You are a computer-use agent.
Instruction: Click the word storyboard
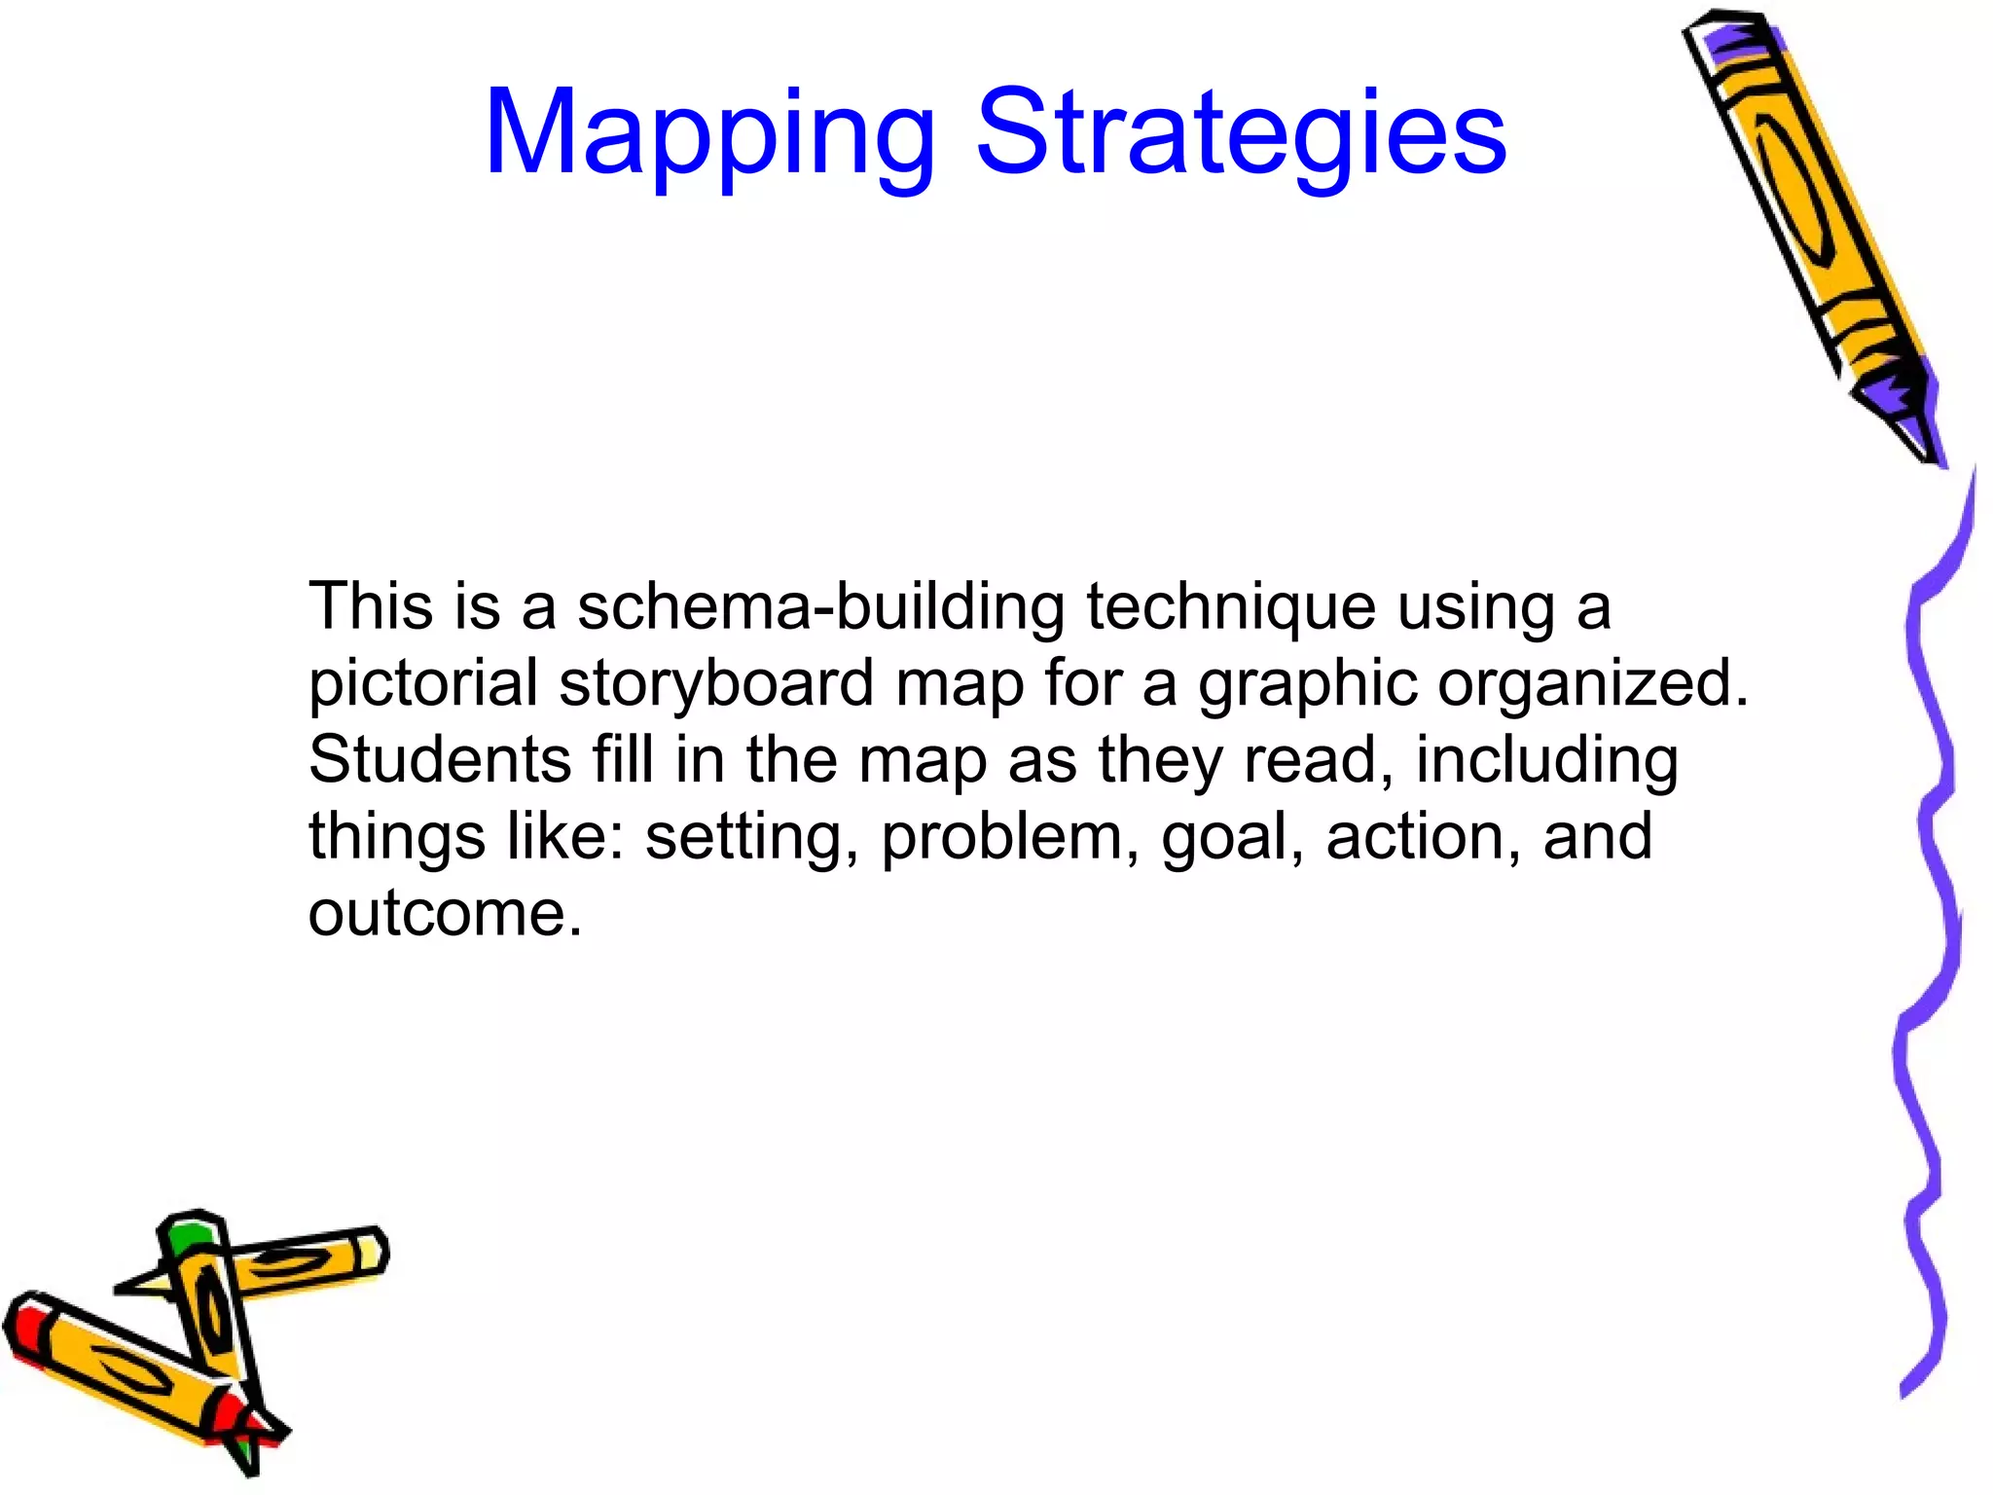[x=716, y=684]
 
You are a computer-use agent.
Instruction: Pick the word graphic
[x=1307, y=684]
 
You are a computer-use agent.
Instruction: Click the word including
[x=1546, y=760]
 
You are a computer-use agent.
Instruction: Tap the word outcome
[x=445, y=914]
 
